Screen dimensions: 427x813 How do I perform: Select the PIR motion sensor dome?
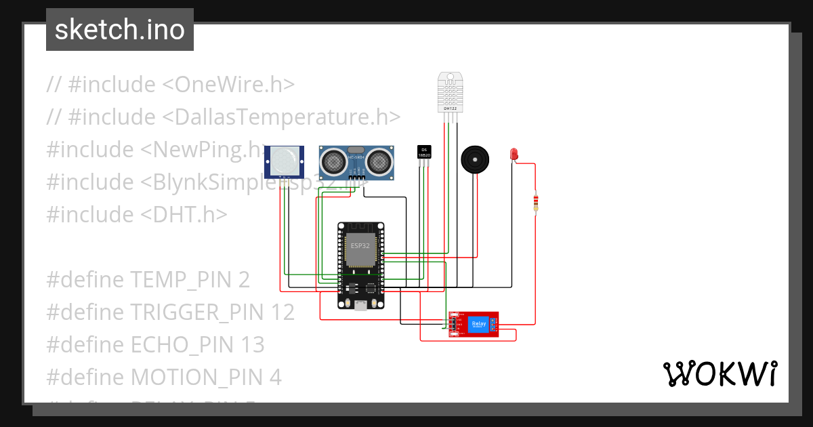click(284, 161)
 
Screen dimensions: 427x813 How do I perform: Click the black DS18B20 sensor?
click(424, 152)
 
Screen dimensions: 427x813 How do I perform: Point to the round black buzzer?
click(475, 160)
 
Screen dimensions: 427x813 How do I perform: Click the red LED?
click(514, 154)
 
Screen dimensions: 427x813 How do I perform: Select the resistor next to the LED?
click(536, 202)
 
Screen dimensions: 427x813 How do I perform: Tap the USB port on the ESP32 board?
click(360, 306)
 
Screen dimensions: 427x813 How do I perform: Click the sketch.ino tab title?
click(120, 30)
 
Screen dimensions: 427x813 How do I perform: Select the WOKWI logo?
click(719, 373)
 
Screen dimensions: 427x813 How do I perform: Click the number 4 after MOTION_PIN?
click(275, 377)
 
